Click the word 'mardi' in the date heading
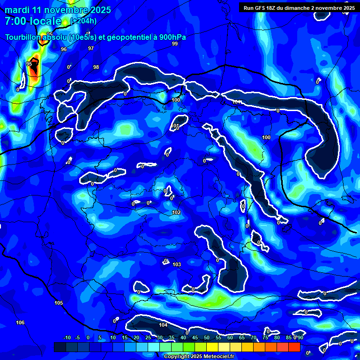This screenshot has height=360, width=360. tap(17, 10)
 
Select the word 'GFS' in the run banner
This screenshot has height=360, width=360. tap(264, 8)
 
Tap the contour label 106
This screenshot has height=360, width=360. tap(20, 322)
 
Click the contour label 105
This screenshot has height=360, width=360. tap(58, 303)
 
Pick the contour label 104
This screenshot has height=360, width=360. tap(163, 325)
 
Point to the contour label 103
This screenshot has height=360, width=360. tap(177, 265)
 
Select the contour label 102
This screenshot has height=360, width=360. tap(176, 212)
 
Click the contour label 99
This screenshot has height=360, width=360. tap(175, 44)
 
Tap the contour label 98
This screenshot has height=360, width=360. tap(96, 67)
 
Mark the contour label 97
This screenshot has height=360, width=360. tap(91, 48)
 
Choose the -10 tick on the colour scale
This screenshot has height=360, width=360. tap(67, 337)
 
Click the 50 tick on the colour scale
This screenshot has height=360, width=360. tap(207, 337)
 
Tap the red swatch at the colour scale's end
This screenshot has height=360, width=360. tap(294, 347)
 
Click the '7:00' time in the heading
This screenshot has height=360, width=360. tap(14, 21)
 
